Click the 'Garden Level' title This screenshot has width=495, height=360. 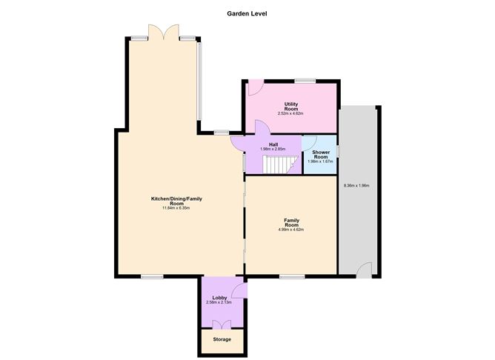click(x=247, y=13)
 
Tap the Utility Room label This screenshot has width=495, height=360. click(x=291, y=106)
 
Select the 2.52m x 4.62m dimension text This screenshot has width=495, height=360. click(x=291, y=113)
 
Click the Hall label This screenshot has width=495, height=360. click(x=273, y=144)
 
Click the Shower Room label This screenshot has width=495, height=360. click(x=320, y=154)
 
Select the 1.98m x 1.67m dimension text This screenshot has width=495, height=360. click(x=320, y=161)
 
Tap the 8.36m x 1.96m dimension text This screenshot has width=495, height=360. click(x=356, y=185)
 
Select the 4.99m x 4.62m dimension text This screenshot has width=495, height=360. click(x=291, y=230)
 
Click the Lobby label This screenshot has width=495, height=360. click(x=219, y=298)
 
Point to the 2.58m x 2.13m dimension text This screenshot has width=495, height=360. click(x=219, y=303)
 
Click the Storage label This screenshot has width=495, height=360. click(x=222, y=339)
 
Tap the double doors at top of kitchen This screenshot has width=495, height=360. click(x=162, y=33)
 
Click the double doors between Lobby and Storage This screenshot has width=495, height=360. click(x=221, y=324)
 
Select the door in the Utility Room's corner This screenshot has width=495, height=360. click(x=253, y=87)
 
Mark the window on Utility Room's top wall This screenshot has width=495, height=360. click(x=305, y=80)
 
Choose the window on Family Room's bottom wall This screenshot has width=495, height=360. click(x=291, y=277)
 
